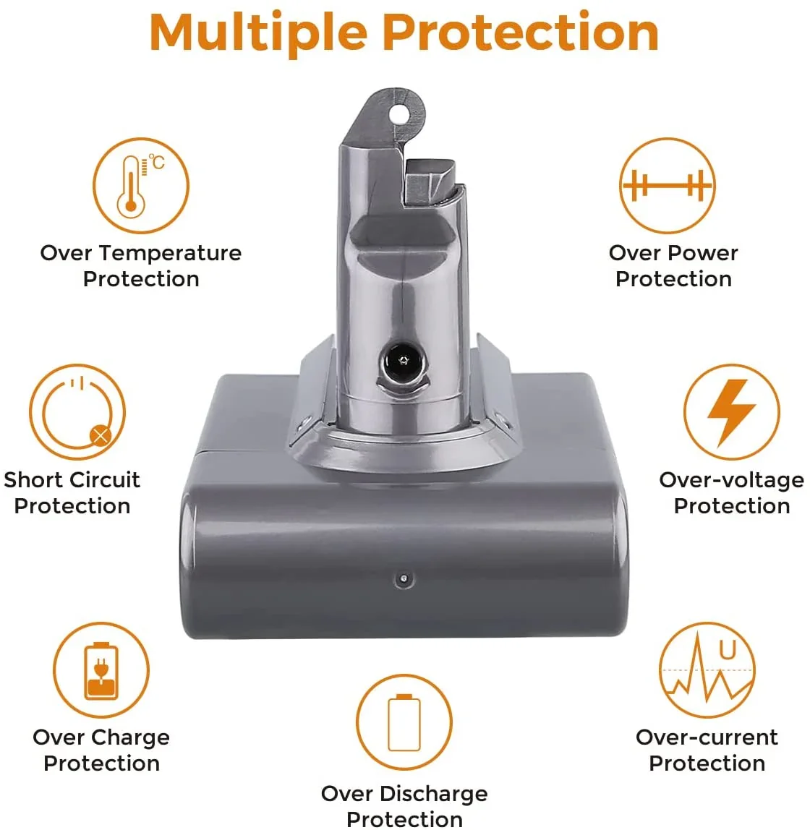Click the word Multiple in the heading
pos(258,33)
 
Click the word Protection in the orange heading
pos(520,33)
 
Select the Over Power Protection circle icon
pos(667,186)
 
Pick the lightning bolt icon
pos(731,412)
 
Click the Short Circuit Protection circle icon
pos(77,412)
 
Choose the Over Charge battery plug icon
pos(101,670)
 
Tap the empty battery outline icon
pos(404,722)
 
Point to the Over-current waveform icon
pos(707,670)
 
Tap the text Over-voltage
pos(731,480)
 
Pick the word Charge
pos(130,737)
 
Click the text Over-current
pos(707,737)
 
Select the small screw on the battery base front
pos(403,579)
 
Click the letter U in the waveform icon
pos(727,650)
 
